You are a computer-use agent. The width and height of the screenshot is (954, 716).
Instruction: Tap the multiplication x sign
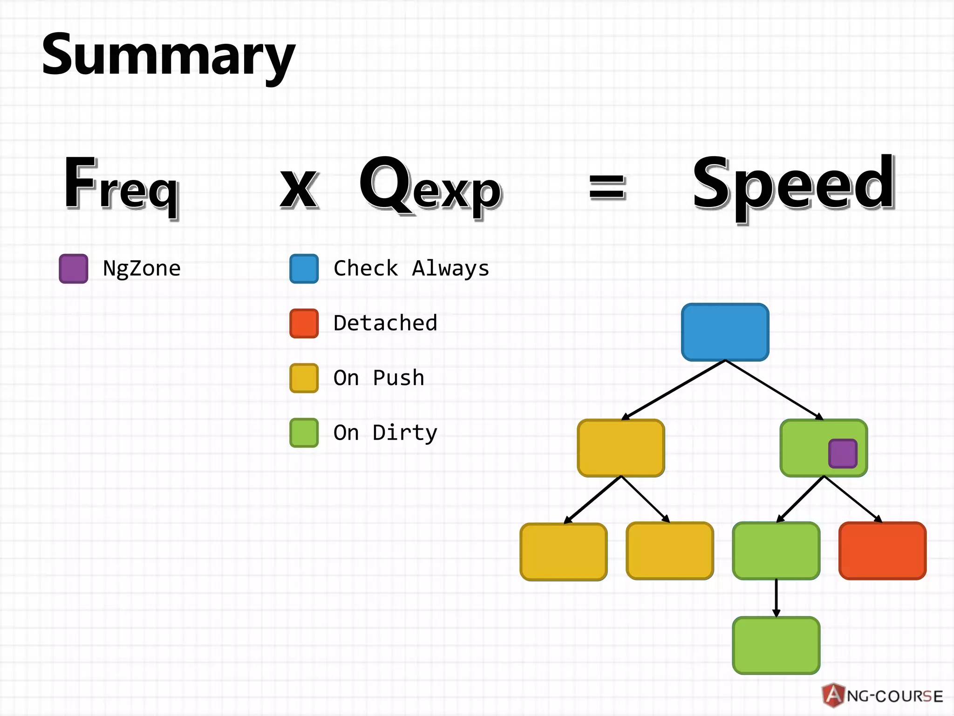[299, 189]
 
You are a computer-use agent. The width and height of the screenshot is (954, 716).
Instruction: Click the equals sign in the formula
[607, 187]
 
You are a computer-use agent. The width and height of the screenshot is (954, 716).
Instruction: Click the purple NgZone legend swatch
[74, 268]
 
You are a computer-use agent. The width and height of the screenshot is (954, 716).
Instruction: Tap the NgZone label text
[142, 268]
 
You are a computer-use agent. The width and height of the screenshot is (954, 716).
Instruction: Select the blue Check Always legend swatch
[304, 268]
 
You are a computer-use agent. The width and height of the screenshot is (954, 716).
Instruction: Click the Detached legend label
[385, 323]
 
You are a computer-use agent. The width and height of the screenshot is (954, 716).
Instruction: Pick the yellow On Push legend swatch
[304, 378]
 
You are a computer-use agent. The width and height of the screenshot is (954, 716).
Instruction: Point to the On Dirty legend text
[385, 433]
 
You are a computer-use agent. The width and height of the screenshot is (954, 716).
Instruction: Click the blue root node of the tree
[725, 332]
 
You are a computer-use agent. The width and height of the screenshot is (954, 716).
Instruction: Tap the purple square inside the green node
[843, 453]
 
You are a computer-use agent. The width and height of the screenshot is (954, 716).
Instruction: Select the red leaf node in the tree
[882, 551]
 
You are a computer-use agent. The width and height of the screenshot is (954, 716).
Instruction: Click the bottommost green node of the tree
[776, 645]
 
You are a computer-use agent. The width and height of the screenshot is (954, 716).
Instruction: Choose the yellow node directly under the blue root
[621, 448]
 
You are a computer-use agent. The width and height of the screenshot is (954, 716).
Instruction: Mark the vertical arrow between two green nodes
[776, 598]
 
